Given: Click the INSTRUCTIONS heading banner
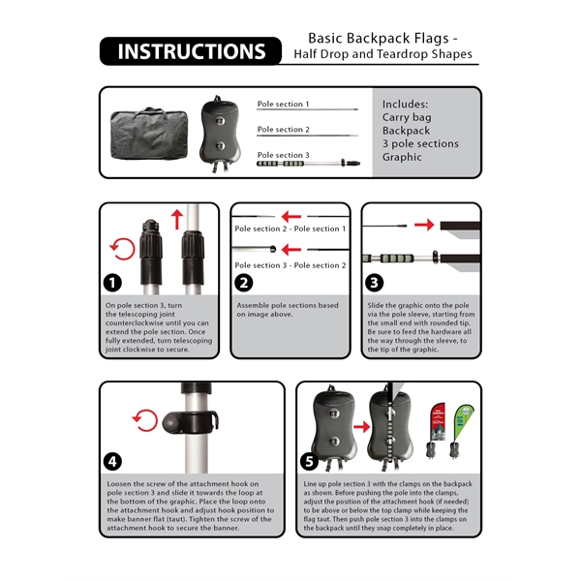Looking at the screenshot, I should click(190, 52).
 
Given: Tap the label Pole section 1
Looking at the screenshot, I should click(283, 104).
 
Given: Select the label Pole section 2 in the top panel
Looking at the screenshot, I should click(283, 129).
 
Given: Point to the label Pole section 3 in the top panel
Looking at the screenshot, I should click(283, 155).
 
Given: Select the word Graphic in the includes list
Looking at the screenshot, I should click(402, 157).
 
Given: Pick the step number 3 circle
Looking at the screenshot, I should click(375, 284).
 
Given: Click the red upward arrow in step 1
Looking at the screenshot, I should click(176, 218).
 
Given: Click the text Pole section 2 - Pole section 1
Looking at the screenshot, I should click(290, 229).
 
